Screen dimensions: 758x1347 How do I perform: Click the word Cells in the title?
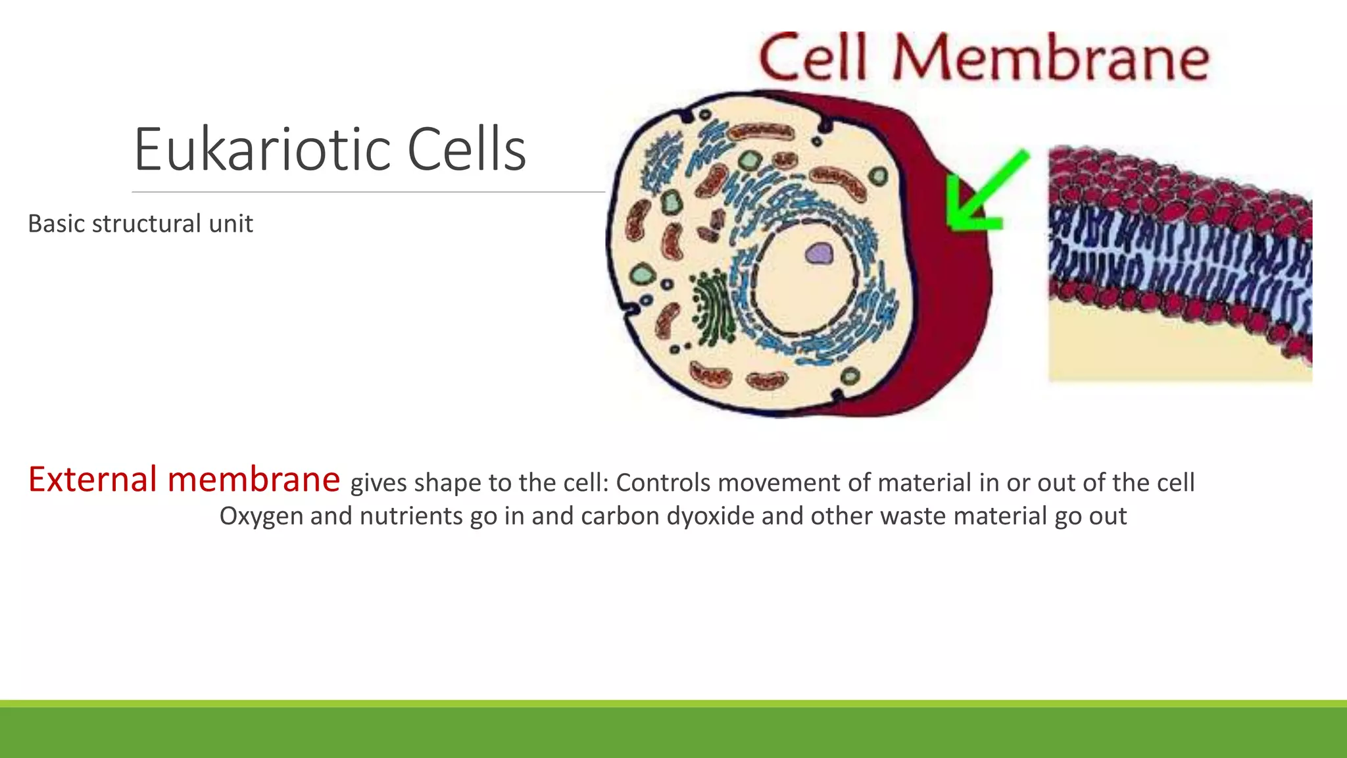click(466, 150)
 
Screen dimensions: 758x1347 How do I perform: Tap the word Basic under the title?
click(56, 224)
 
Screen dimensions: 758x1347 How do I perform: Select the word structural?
click(146, 224)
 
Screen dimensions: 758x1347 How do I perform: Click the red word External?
click(93, 479)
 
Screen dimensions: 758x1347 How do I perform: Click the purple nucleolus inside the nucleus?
click(819, 253)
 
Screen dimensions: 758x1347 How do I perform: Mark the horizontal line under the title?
click(368, 192)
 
